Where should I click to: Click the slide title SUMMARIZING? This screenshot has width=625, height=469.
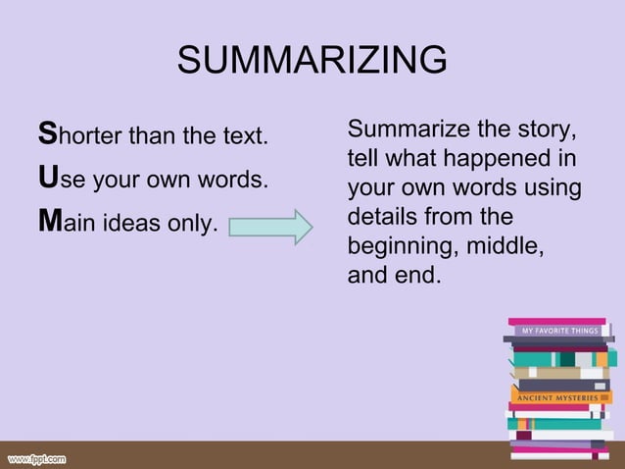[312, 62]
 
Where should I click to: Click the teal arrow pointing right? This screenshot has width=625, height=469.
[270, 228]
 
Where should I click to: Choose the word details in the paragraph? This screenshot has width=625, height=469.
[381, 216]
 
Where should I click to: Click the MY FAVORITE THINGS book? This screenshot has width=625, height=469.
[558, 331]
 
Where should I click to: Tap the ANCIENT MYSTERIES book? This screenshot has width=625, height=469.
[559, 397]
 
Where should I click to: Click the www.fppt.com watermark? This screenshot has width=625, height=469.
[37, 458]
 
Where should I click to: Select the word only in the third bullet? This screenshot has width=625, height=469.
[194, 224]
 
